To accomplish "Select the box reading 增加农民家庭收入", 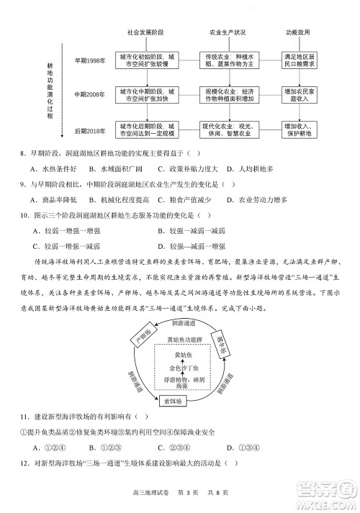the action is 300,95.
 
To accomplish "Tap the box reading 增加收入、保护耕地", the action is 300,130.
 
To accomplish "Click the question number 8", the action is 24,152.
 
